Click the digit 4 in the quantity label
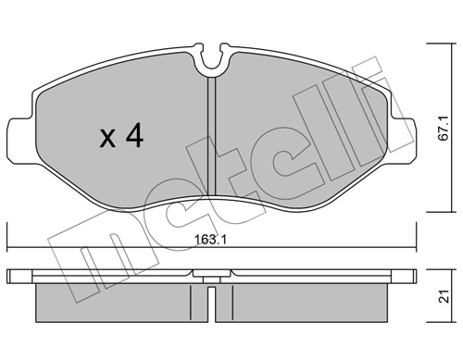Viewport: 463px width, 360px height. coord(133,138)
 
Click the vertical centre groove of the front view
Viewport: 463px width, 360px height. coord(211,139)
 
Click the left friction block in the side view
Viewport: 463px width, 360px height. coord(116,298)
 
